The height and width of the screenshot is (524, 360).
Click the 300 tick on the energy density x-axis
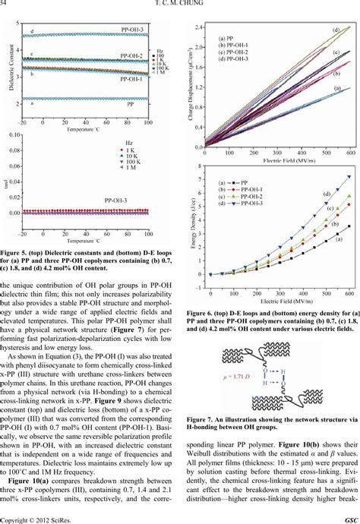coord(278,281)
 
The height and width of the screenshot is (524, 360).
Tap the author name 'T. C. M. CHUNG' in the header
coord(180,6)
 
